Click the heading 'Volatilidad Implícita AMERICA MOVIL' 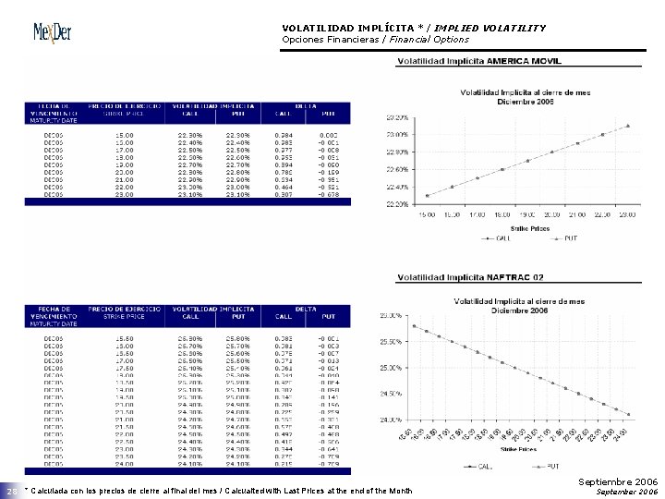click(x=478, y=61)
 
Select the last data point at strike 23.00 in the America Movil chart click(x=627, y=126)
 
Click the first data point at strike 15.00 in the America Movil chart click(x=427, y=195)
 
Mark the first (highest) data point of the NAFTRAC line click(x=413, y=325)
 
